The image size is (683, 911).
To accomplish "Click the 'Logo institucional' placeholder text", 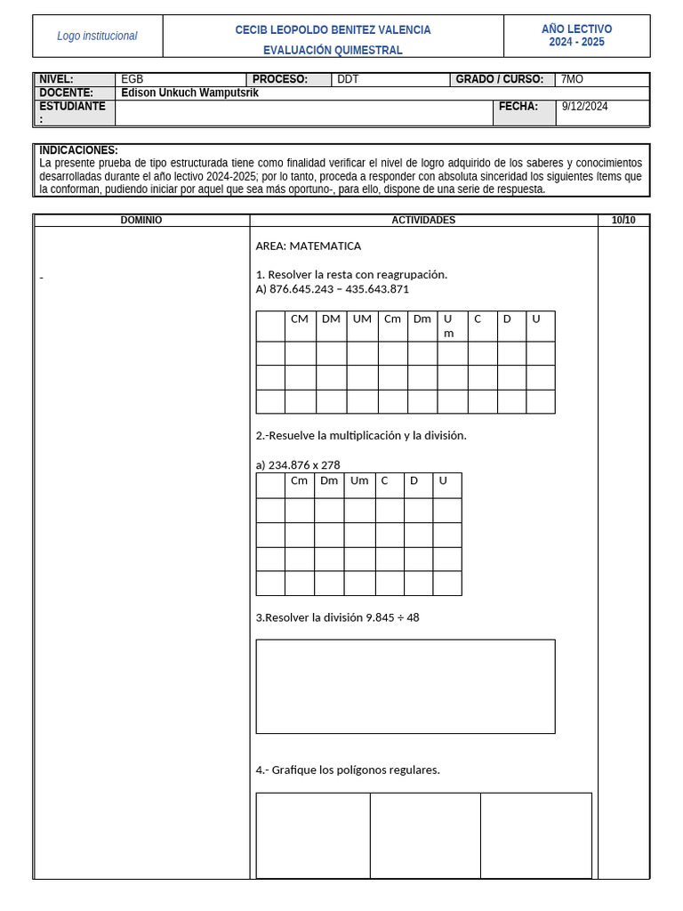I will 97,36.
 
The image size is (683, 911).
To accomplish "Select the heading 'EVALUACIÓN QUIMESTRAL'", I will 333,50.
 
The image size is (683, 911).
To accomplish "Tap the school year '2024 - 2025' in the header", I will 576,42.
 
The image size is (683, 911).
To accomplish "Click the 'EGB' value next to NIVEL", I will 132,79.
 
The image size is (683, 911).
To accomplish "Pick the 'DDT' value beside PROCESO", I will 348,79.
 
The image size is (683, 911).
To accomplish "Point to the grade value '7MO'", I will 572,79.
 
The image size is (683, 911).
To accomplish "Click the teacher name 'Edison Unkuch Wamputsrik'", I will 189,93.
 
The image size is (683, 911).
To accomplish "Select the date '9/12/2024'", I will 584,106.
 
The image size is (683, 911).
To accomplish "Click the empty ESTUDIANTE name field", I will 303,113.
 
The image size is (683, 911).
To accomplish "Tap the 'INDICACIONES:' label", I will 78,150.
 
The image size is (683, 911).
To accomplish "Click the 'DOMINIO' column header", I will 141,220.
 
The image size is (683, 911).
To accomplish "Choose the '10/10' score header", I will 623,220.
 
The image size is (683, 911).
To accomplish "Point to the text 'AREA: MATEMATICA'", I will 308,246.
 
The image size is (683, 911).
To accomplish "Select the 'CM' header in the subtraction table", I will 300,318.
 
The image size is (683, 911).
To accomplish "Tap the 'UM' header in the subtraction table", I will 362,318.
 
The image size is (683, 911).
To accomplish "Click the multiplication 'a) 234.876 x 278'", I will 297,464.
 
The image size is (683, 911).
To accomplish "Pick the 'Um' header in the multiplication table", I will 359,480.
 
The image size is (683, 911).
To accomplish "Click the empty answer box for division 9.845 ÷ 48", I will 405,686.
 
